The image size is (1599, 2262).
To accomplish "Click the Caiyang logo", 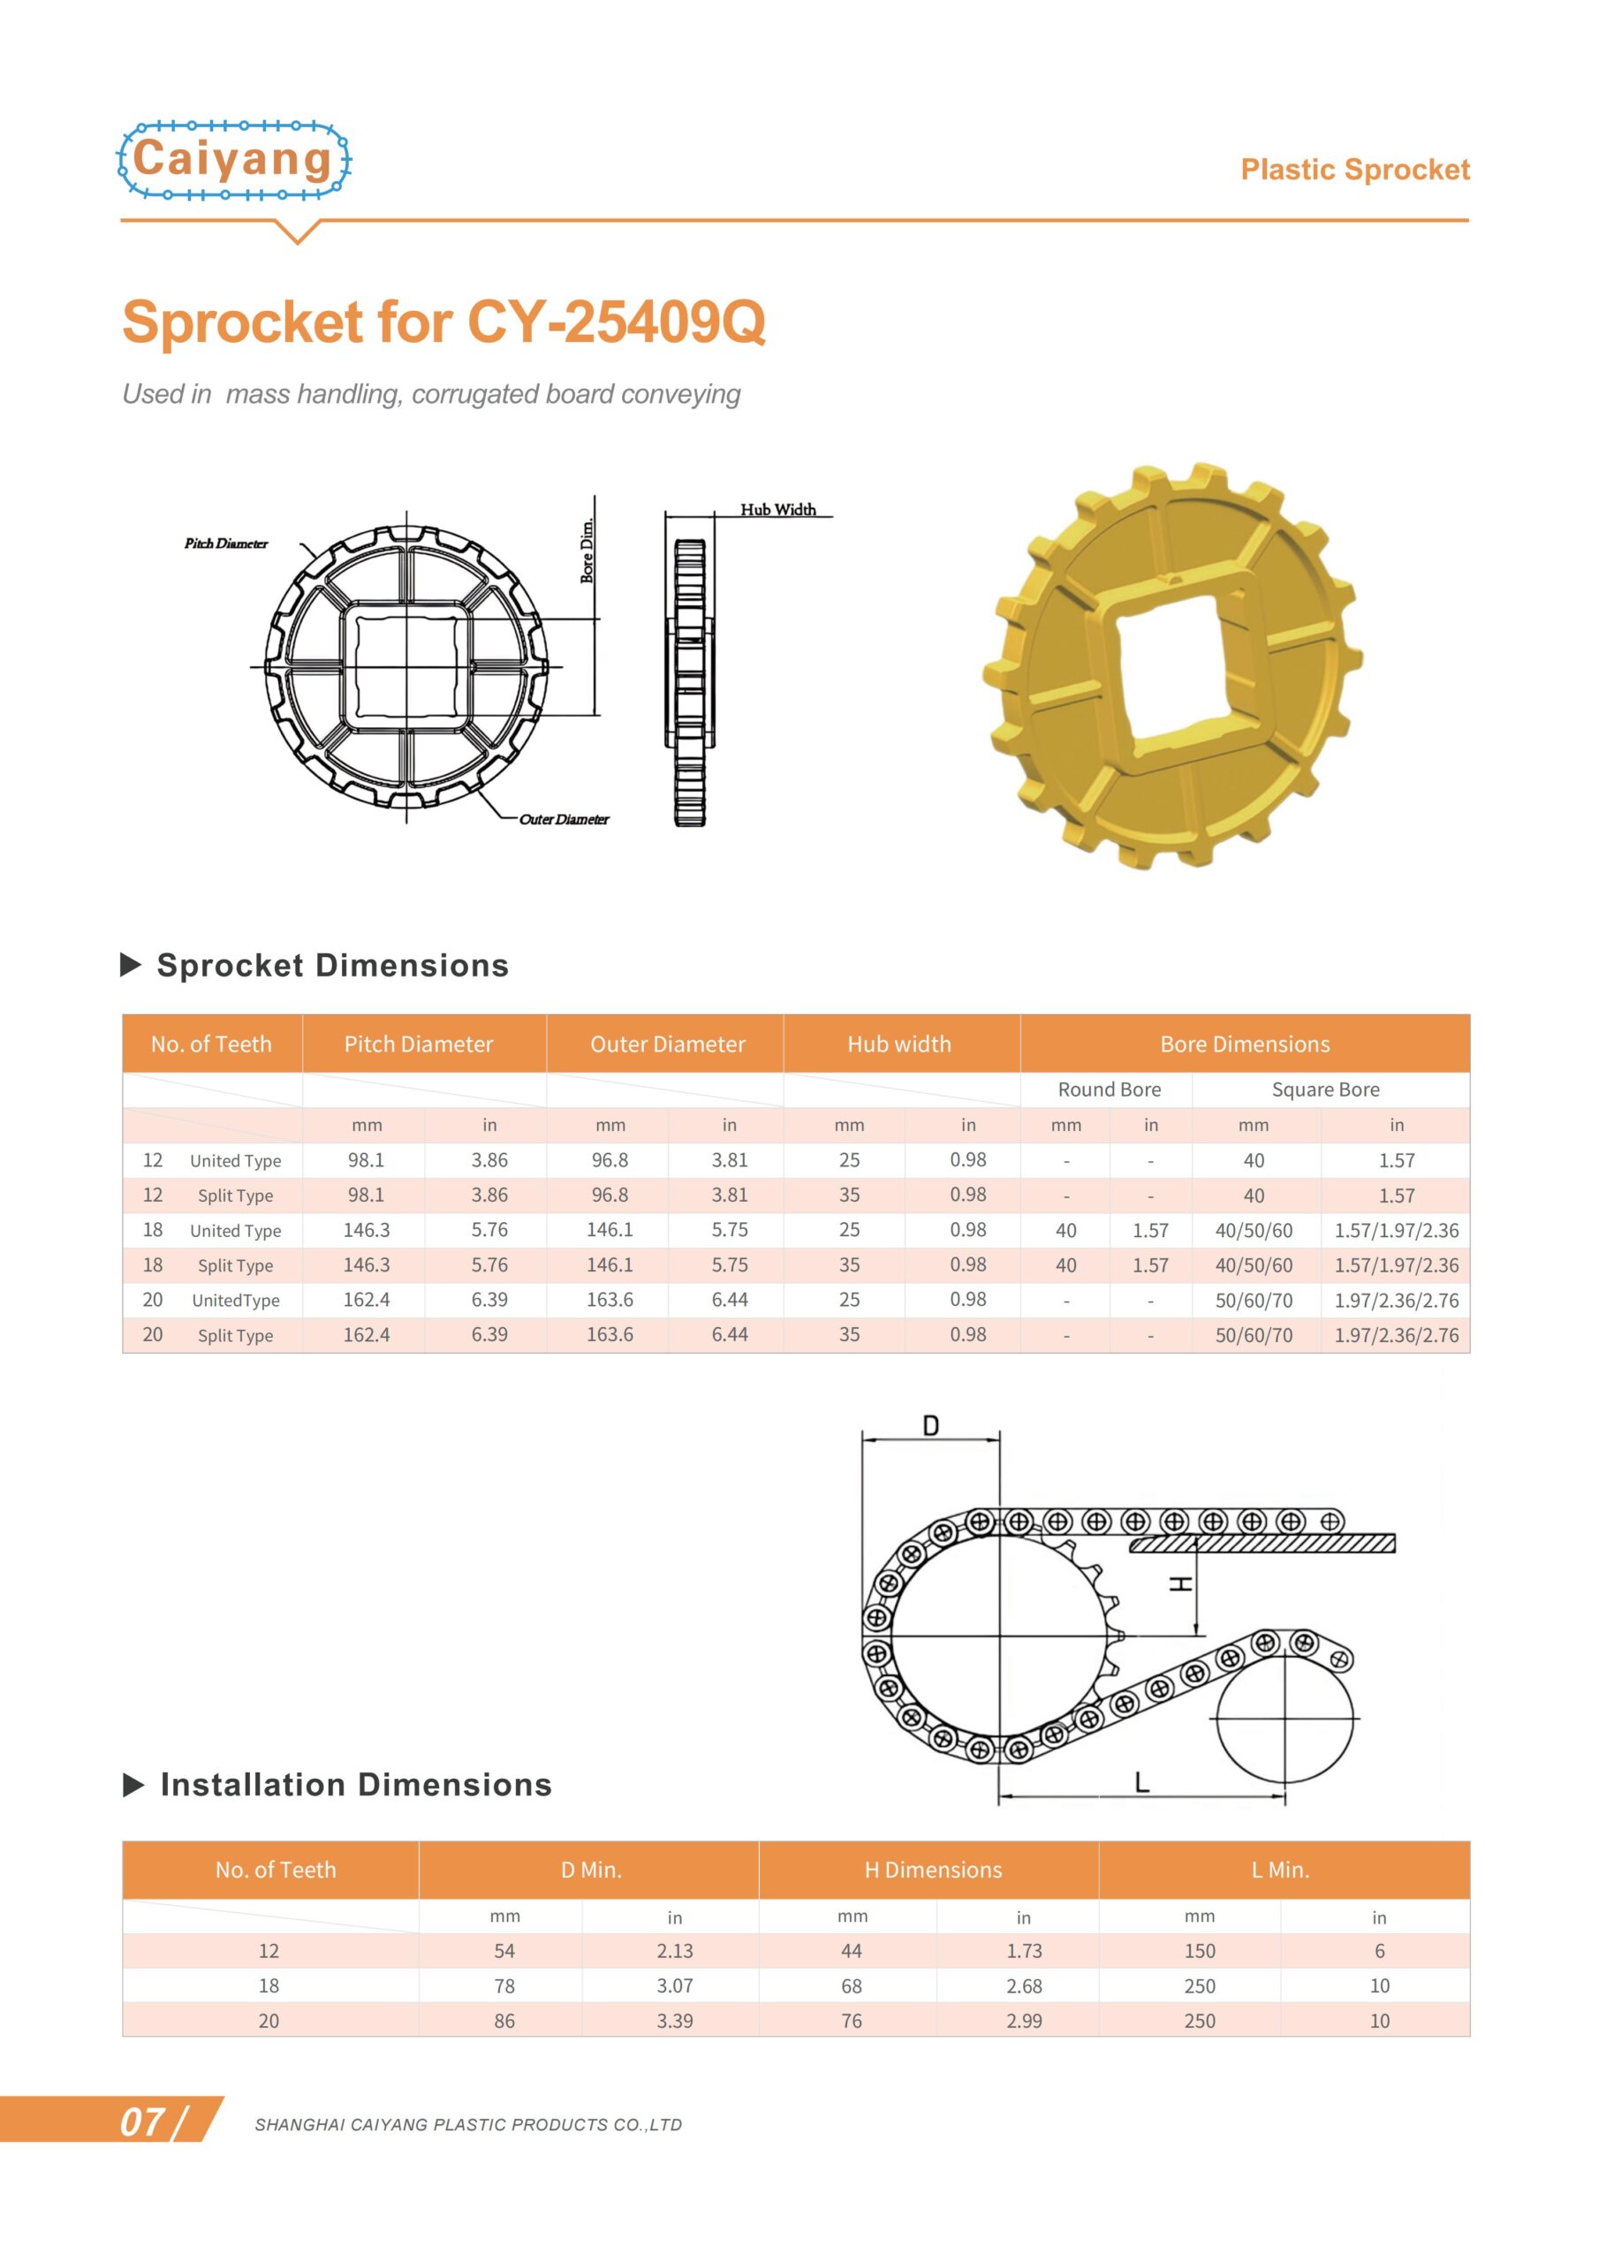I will pos(233,160).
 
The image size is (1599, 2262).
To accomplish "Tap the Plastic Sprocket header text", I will pos(1353,170).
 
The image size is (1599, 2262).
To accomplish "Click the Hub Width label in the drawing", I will pos(777,509).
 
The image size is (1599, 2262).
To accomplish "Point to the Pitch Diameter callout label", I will pos(225,543).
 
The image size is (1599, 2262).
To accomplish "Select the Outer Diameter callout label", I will pos(564,819).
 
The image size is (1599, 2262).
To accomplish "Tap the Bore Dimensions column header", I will pos(1245,1044).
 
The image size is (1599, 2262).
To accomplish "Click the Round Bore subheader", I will pos(1109,1089).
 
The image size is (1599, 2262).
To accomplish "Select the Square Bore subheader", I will pos(1325,1089).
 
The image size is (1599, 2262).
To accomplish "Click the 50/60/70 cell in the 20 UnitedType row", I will pos(1254,1300).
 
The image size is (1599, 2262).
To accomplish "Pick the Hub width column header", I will pos(898,1044).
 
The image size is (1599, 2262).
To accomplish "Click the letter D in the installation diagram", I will pos(930,1425).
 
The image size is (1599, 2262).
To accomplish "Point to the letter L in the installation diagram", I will pos(1142,1782).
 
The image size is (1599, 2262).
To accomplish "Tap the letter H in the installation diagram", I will pos(1179,1583).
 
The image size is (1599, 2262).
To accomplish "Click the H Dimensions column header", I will pos(932,1869).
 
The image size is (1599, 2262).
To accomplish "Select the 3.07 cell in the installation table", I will pos(674,1985).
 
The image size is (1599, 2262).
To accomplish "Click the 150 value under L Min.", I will pos(1199,1951).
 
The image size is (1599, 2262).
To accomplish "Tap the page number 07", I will pos(144,2122).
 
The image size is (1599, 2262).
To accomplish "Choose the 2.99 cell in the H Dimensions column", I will pos(1024,2021).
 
